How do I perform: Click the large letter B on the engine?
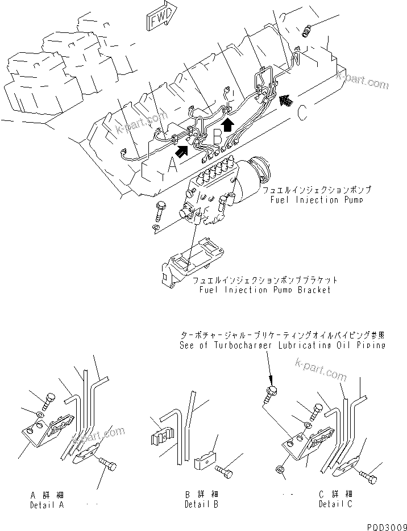pyautogui.click(x=218, y=136)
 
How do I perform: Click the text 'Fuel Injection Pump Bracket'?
pyautogui.click(x=265, y=290)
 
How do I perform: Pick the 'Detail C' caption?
pyautogui.click(x=336, y=504)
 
